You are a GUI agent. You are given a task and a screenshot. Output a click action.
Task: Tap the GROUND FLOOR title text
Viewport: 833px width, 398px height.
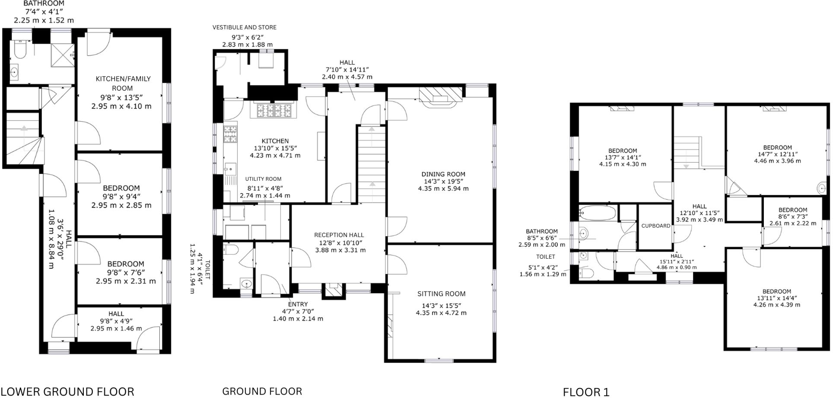[262, 391]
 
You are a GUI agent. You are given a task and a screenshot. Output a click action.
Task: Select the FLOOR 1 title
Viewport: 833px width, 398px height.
[586, 392]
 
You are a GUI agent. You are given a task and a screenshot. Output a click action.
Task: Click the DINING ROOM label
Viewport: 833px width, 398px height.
[443, 174]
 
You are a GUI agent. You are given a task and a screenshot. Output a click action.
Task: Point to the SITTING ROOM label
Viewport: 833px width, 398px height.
[441, 294]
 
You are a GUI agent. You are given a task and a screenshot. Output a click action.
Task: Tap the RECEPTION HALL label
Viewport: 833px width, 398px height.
[339, 235]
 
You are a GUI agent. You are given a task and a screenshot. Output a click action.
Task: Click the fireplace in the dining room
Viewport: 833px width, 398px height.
[440, 96]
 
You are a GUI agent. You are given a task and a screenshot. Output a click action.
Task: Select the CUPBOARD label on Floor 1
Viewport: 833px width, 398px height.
[655, 226]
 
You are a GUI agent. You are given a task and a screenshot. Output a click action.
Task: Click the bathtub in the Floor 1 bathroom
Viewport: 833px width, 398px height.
[598, 213]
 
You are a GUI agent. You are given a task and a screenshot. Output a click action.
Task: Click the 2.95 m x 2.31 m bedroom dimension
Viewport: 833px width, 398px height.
[126, 281]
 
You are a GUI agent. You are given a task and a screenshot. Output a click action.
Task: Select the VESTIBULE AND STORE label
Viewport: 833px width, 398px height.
[244, 27]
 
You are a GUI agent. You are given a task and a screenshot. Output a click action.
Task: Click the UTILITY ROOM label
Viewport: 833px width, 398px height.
[263, 179]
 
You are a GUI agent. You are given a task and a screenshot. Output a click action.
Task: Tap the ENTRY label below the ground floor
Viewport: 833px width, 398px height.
[298, 304]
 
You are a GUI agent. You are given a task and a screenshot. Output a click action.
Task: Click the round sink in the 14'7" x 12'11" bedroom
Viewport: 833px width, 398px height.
[821, 188]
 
